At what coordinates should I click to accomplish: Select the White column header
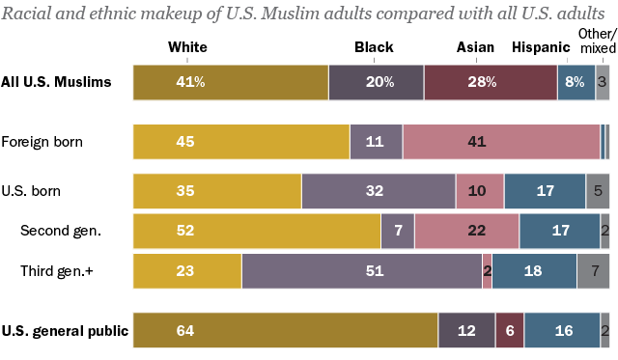(187, 46)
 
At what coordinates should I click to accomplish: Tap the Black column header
(374, 46)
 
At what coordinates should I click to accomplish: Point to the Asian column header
(476, 46)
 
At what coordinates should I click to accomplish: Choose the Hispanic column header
(541, 46)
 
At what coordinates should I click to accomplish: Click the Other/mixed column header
(594, 42)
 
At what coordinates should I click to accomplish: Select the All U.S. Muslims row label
(56, 83)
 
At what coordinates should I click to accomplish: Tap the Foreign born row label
(42, 142)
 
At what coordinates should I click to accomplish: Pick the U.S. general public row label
(65, 331)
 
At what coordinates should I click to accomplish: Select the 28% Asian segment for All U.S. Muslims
(491, 83)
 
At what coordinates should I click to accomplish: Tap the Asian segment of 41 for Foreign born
(501, 142)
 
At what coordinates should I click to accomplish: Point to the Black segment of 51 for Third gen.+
(361, 271)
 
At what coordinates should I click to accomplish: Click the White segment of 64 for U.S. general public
(285, 331)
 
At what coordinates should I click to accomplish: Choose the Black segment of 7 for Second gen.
(398, 232)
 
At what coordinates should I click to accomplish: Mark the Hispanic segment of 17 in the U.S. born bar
(545, 191)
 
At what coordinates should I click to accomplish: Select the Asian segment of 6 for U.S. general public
(510, 331)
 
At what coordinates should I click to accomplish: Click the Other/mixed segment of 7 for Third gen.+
(593, 271)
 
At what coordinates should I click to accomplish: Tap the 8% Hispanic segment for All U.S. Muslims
(576, 83)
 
